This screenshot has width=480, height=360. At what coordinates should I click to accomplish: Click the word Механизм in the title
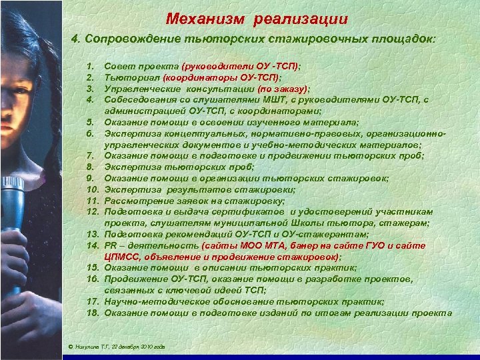tap(201, 17)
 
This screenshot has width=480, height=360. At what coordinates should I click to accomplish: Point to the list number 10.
tap(92, 189)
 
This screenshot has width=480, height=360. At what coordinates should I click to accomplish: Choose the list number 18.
tap(92, 313)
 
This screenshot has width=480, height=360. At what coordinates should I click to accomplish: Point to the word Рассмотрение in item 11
tap(137, 200)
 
